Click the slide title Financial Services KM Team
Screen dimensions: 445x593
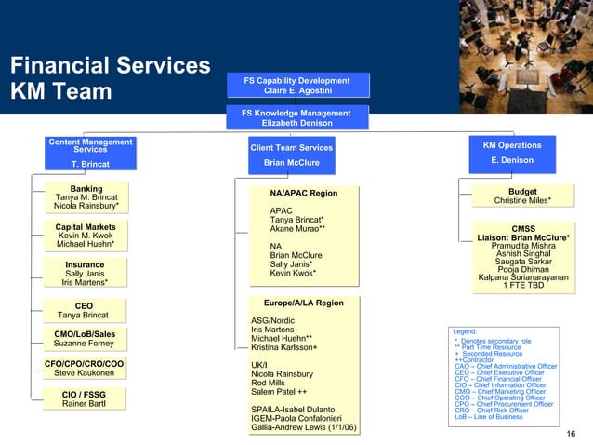click(x=110, y=79)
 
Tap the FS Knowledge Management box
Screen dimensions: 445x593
click(x=296, y=117)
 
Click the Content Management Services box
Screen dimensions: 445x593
click(x=90, y=154)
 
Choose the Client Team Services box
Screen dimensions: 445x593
click(x=291, y=155)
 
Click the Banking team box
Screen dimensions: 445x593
click(x=86, y=197)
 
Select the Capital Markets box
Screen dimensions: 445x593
click(x=86, y=236)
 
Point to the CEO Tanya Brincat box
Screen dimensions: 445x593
click(x=84, y=310)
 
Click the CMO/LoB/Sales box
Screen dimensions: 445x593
click(x=85, y=339)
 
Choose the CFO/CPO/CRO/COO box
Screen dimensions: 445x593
click(x=85, y=369)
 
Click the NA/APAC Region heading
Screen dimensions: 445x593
click(x=302, y=193)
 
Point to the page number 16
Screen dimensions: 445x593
click(x=571, y=435)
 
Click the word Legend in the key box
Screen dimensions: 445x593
click(x=464, y=331)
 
